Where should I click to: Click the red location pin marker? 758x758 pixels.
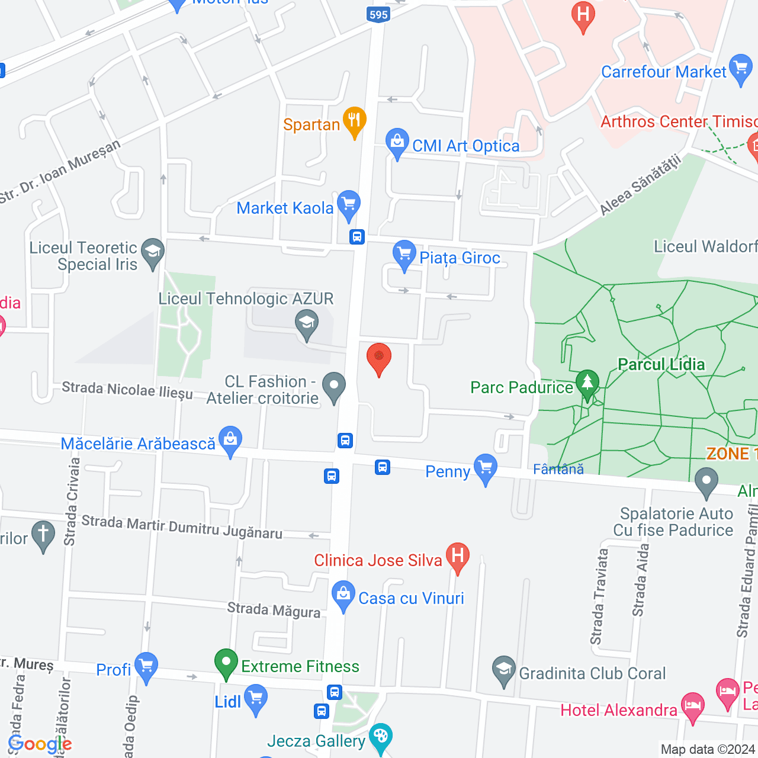pos(379,358)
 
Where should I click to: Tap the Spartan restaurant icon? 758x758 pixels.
pos(354,121)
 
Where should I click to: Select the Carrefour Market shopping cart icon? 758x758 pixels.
pos(741,69)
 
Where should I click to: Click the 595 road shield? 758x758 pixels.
pos(378,15)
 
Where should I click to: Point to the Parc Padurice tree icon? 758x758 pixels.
pos(587,384)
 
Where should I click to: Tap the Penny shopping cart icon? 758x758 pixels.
pos(486,468)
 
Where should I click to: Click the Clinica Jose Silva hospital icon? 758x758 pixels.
pos(457,557)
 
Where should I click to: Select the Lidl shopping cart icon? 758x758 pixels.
pos(256,699)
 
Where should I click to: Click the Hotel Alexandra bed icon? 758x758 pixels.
pos(692,707)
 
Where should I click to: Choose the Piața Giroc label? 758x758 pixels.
pos(460,258)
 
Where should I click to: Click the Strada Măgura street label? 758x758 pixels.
pos(274,610)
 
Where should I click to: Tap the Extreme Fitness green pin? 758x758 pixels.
pos(226,663)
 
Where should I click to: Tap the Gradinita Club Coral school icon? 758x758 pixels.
pos(503,670)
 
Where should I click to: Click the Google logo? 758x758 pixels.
pos(40,744)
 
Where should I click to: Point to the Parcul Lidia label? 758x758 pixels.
pos(661,364)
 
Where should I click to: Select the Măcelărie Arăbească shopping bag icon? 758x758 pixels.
pos(230,441)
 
